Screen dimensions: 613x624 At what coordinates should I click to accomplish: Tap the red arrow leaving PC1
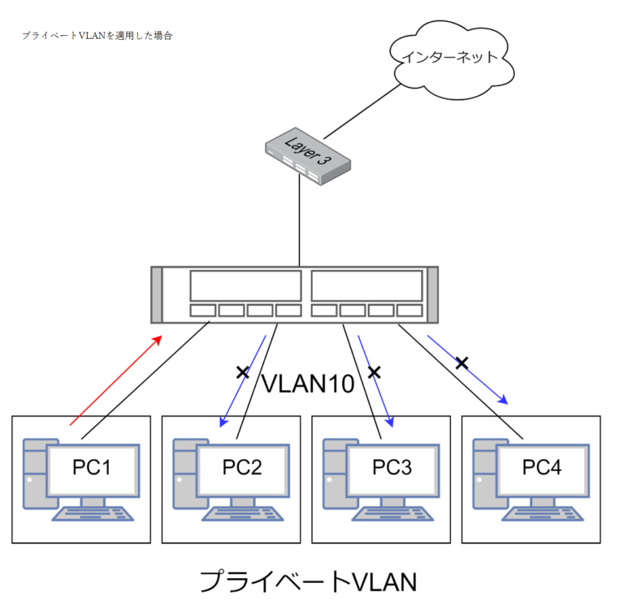pyautogui.click(x=117, y=380)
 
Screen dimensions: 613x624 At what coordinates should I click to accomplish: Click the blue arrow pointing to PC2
pyautogui.click(x=242, y=380)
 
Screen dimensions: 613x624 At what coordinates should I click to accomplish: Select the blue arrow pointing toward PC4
pyautogui.click(x=467, y=369)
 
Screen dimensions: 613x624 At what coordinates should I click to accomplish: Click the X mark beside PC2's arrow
pyautogui.click(x=241, y=372)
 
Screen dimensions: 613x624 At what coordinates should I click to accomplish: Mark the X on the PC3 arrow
pyautogui.click(x=374, y=372)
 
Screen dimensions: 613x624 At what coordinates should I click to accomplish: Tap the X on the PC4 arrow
pyautogui.click(x=461, y=363)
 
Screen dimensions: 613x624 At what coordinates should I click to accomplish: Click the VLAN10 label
pyautogui.click(x=308, y=383)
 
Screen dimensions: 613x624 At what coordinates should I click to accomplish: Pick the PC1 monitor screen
pyautogui.click(x=93, y=469)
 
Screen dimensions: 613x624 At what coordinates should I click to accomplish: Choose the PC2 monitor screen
pyautogui.click(x=242, y=469)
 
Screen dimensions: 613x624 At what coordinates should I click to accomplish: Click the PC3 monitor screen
pyautogui.click(x=392, y=469)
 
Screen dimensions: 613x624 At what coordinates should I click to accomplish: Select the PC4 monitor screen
pyautogui.click(x=542, y=469)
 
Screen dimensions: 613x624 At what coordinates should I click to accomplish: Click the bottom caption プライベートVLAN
pyautogui.click(x=308, y=582)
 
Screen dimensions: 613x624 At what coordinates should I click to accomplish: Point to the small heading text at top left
pyautogui.click(x=97, y=36)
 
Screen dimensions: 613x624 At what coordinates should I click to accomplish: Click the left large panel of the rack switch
pyautogui.click(x=245, y=286)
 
